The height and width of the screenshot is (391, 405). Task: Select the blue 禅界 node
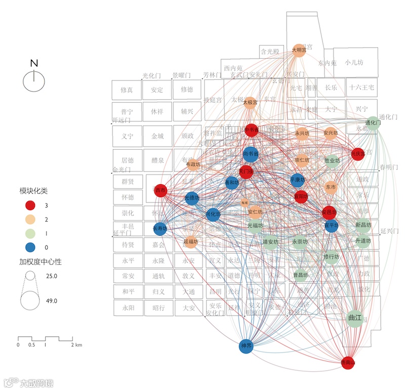pos(246,346)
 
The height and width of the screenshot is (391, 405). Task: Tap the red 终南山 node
pos(348,362)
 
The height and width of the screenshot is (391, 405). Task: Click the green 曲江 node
pos(356,318)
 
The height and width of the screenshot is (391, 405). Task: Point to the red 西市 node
pos(160,191)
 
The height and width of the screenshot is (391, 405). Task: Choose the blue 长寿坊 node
pos(160,229)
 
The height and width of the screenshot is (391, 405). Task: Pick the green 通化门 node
pos(372,123)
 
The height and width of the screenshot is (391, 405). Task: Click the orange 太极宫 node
pos(250,103)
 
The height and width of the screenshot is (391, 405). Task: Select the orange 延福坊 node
pos(190,242)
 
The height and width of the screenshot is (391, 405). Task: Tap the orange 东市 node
pos(330,187)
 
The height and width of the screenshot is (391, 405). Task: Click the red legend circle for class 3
pos(31,205)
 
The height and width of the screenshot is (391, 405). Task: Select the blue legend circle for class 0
pos(31,247)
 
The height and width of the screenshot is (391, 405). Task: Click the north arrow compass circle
pos(34,81)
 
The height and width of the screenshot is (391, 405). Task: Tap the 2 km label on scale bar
pos(76,345)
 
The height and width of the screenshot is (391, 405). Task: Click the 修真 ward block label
pos(127,90)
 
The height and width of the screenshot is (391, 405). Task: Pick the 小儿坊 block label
pos(354,63)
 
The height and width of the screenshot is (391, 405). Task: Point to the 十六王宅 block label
pos(361,88)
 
